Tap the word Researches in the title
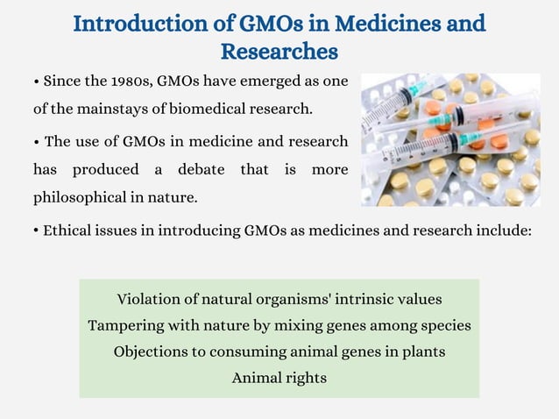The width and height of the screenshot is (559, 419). click(x=279, y=52)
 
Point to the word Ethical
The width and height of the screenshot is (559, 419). click(x=67, y=231)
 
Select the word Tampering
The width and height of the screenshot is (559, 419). click(x=125, y=325)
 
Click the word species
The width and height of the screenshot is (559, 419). click(x=443, y=325)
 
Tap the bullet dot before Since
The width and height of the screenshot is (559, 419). click(x=36, y=82)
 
